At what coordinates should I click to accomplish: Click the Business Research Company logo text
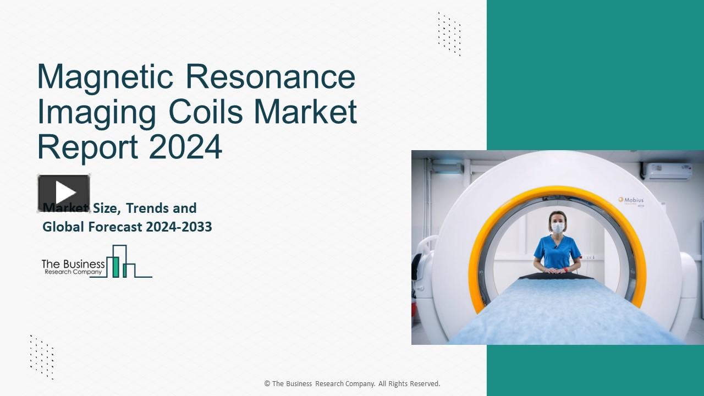[73, 267]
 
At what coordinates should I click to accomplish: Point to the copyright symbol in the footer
[267, 384]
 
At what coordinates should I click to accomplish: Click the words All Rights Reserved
[409, 384]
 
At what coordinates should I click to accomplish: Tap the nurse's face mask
[557, 227]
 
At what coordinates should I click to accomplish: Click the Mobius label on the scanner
[631, 200]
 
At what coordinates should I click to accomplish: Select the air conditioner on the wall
[665, 172]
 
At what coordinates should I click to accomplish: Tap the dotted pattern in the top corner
[449, 34]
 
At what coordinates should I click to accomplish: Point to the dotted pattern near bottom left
[42, 356]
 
